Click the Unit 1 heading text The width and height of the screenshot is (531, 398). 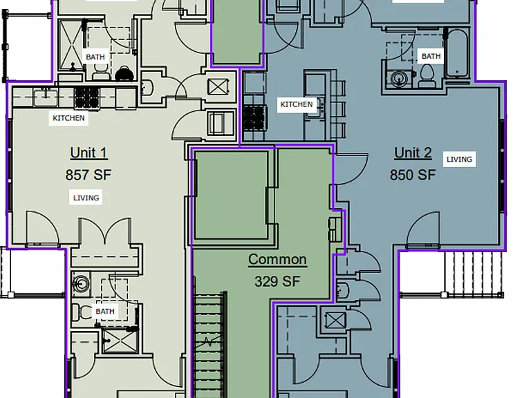[88, 153]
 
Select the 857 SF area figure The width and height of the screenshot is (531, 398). [88, 175]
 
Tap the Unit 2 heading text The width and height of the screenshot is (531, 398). [413, 153]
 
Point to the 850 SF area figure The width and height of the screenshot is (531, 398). [413, 175]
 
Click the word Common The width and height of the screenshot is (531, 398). [277, 259]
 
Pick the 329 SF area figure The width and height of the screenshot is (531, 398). [277, 281]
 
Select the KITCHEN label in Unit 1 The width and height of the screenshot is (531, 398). [68, 118]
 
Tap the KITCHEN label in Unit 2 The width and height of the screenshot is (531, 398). [297, 104]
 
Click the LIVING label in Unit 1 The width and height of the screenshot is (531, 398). [86, 198]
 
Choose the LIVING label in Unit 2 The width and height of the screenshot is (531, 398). [459, 160]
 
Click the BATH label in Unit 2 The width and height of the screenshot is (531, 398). [431, 56]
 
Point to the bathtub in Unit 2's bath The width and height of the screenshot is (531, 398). [457, 53]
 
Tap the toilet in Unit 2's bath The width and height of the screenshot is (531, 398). [427, 76]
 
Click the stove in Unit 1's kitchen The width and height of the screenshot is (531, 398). [87, 97]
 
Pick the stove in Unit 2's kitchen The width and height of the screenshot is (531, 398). [255, 117]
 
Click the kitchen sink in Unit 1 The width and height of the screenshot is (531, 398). [46, 97]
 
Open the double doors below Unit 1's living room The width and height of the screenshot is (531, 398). [105, 231]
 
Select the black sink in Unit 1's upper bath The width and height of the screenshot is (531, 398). [124, 74]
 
